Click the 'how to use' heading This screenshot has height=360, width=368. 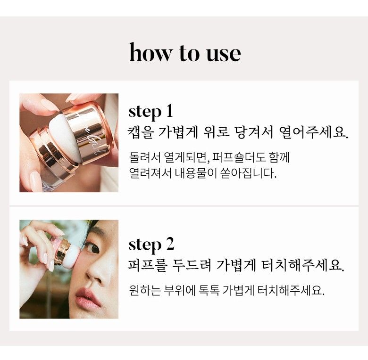point(185,53)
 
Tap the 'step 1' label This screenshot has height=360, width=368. point(151,112)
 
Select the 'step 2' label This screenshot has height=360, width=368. point(151,245)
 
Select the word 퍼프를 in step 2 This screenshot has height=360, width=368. point(148,265)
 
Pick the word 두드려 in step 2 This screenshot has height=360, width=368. point(192,265)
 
